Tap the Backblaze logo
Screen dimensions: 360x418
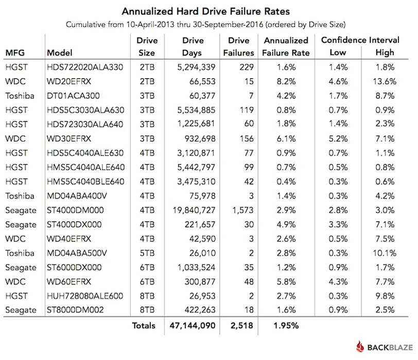381,346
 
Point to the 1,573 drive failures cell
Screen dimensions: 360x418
240,210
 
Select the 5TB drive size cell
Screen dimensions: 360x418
147,253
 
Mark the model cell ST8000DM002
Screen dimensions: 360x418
75,310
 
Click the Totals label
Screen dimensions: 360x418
144,325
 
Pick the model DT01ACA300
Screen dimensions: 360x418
73,96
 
